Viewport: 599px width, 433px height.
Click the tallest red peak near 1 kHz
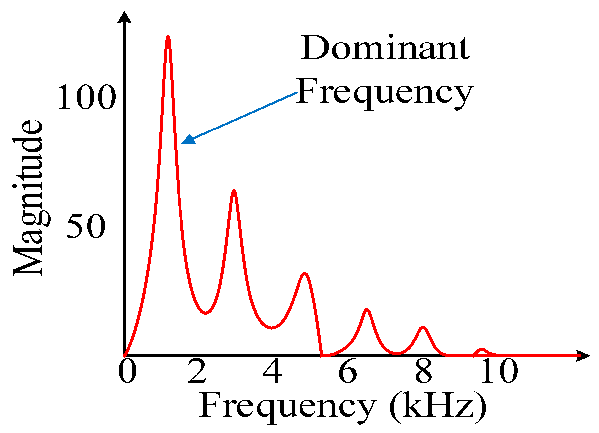[168, 37]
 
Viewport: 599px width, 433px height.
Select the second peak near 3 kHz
[234, 192]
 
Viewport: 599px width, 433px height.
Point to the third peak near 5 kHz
[304, 274]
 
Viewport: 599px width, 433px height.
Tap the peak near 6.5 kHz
[367, 310]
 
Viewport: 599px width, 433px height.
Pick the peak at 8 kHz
[423, 328]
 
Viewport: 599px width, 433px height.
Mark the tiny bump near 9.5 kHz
[482, 350]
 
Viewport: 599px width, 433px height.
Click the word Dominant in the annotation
[385, 48]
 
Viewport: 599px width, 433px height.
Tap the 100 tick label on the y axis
[86, 97]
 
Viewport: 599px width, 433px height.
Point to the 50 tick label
[86, 226]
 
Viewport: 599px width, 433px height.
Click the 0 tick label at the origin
[127, 371]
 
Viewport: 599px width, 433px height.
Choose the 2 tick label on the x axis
[197, 371]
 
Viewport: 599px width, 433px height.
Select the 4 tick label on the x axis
[272, 371]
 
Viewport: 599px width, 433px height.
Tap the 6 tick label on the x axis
[348, 371]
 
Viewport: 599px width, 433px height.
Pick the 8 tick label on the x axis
[423, 371]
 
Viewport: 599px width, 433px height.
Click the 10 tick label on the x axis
[499, 371]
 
